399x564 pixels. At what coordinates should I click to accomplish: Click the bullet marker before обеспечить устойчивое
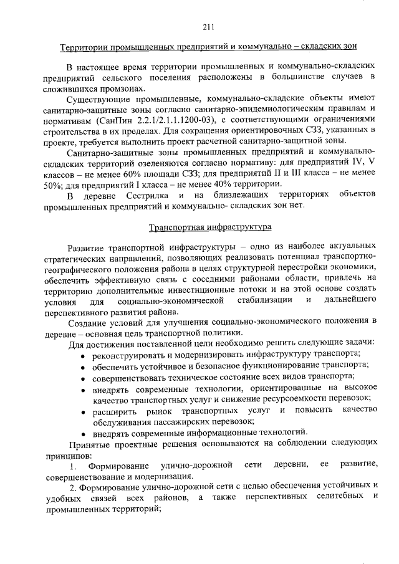point(84,366)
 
